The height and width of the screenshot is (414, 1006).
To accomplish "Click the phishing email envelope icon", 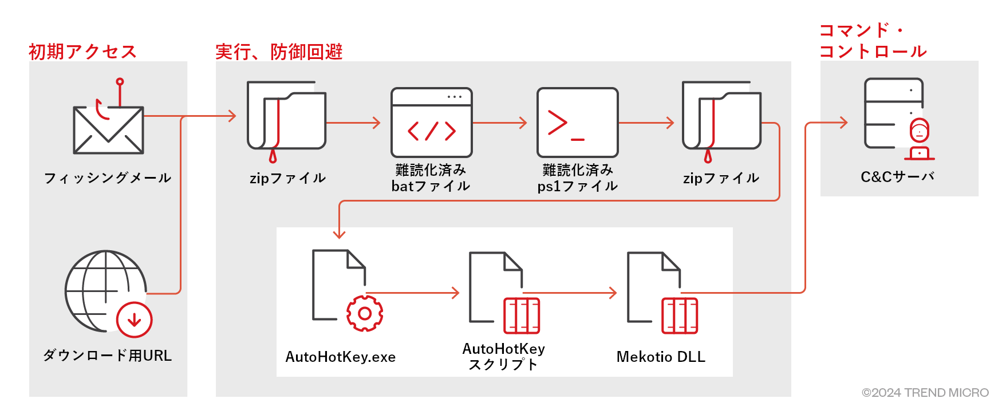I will [x=108, y=129].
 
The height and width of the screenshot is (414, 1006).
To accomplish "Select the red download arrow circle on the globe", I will [x=135, y=320].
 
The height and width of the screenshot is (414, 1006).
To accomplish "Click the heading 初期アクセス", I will [x=82, y=52].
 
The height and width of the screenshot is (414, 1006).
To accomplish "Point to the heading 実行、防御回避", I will [x=279, y=52].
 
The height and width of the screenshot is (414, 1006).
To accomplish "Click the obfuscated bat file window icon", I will [x=431, y=123].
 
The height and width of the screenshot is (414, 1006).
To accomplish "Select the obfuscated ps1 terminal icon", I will [x=577, y=123].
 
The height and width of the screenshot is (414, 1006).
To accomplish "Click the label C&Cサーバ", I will [x=897, y=177].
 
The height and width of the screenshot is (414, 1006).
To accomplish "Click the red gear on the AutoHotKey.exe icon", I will [x=365, y=313].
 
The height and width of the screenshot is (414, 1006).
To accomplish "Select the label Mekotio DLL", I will [x=661, y=357].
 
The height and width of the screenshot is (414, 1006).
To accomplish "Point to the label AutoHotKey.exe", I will [x=341, y=357].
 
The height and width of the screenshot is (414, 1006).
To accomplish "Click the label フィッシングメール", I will [x=108, y=178].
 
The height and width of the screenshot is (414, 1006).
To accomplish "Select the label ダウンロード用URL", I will [x=108, y=356].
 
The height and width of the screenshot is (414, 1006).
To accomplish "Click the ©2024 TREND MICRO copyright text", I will [x=925, y=393].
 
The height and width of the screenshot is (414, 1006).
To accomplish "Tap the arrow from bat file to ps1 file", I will [x=500, y=123].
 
